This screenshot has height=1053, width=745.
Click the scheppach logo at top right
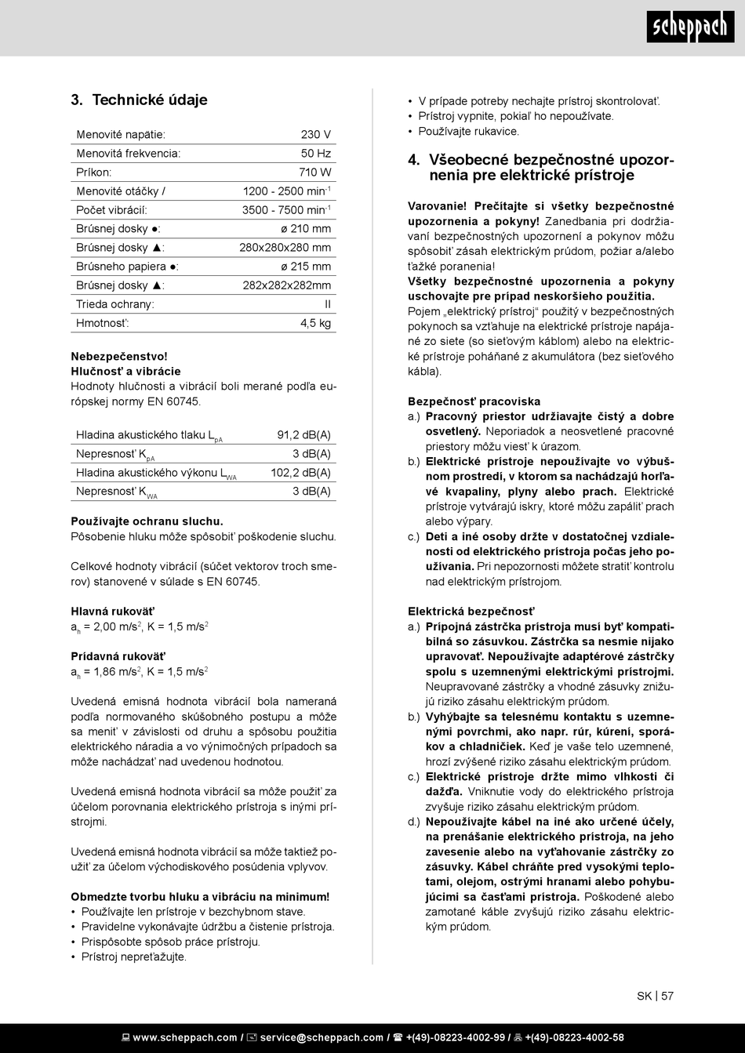[x=691, y=27]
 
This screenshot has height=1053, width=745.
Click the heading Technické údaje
[x=150, y=100]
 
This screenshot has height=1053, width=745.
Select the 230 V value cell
[x=316, y=135]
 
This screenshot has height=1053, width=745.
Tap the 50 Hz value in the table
[x=316, y=154]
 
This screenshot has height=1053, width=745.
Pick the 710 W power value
[x=314, y=172]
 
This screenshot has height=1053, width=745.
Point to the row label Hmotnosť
[x=103, y=323]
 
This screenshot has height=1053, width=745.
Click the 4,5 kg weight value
[x=315, y=323]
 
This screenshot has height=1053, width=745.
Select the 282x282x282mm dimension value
[x=287, y=285]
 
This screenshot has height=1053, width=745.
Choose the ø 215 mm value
[x=306, y=267]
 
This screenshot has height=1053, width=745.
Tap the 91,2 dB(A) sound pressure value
[x=303, y=435]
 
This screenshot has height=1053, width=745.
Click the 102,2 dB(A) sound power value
[x=300, y=473]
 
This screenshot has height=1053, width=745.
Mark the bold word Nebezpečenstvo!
[x=108, y=356]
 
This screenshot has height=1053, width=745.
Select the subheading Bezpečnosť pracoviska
[x=474, y=401]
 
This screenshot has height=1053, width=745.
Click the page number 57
[x=667, y=997]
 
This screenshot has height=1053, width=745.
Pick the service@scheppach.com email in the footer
[x=322, y=1038]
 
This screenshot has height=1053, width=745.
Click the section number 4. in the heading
[x=414, y=160]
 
